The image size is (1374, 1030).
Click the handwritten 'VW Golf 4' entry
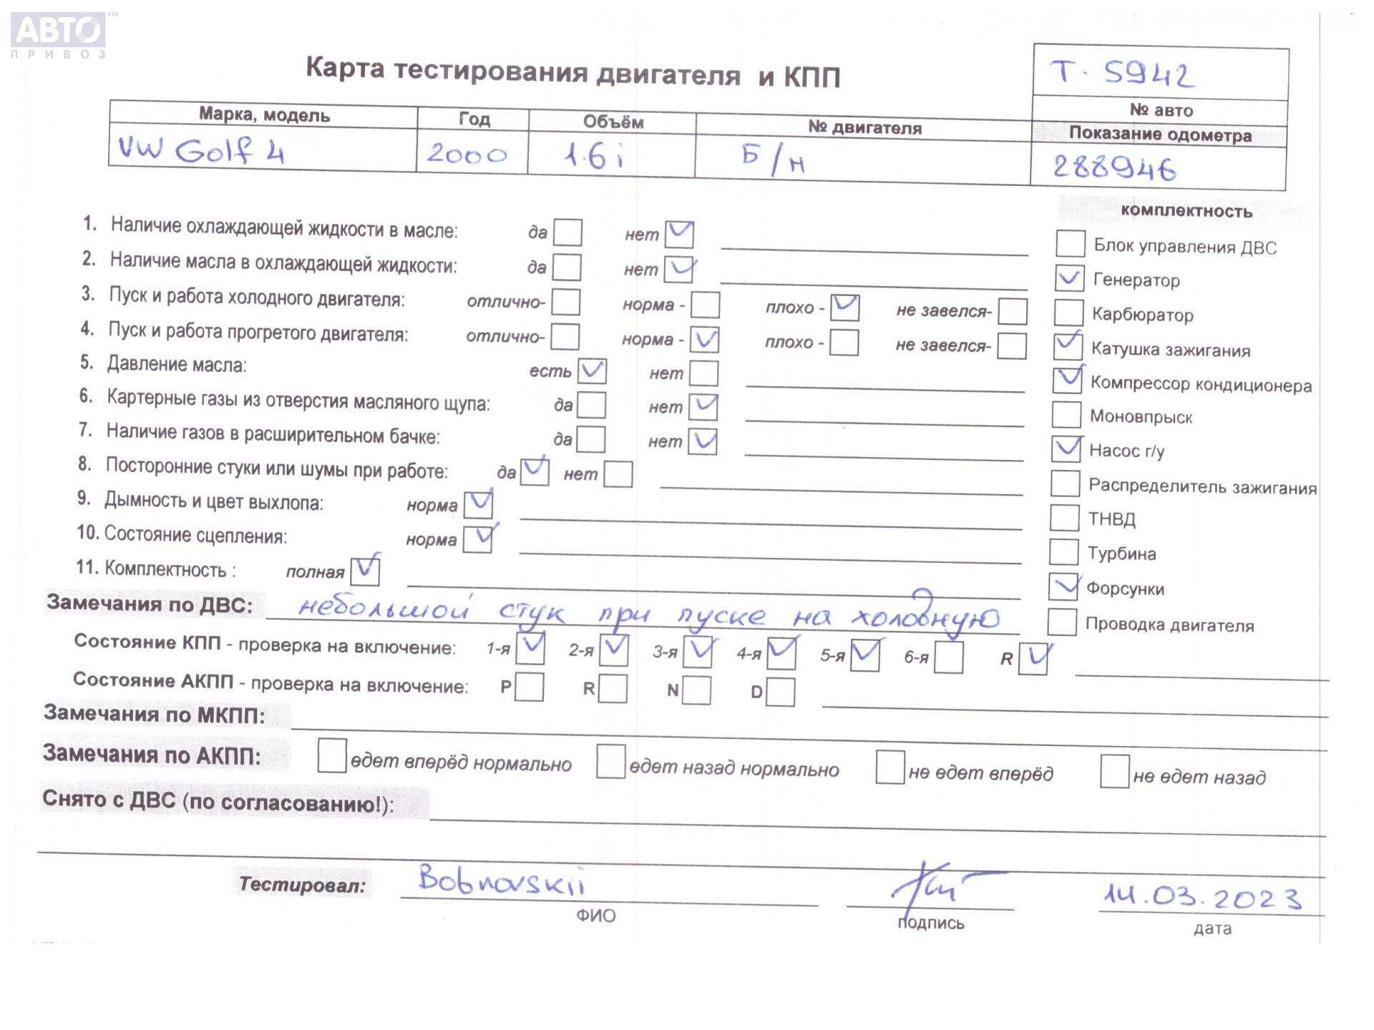tap(201, 151)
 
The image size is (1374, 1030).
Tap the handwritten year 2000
tap(467, 154)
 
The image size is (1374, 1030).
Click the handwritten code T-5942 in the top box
tap(1121, 74)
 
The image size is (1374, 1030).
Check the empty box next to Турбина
tap(1063, 552)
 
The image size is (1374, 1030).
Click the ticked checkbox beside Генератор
tap(1069, 278)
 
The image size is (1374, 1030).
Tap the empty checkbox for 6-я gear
tap(949, 657)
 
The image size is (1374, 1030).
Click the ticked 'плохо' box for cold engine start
tap(844, 308)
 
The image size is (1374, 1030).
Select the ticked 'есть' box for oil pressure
tap(592, 371)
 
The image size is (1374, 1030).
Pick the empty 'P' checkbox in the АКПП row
tap(529, 687)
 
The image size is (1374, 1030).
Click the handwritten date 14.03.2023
tap(1202, 897)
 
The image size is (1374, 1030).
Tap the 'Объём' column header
tap(613, 122)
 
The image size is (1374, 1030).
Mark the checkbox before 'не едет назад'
tap(1114, 772)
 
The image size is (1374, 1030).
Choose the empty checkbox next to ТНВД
tap(1064, 518)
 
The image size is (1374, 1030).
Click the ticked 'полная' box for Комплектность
tap(365, 571)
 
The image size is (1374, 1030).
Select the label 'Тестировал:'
tap(301, 885)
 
